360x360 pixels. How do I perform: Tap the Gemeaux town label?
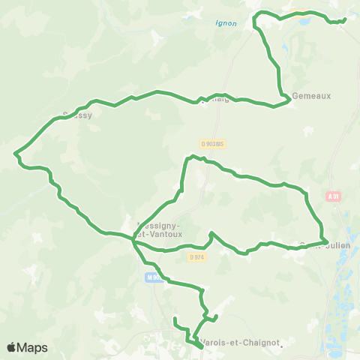coord(310,96)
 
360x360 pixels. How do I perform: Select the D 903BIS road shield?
coord(214,143)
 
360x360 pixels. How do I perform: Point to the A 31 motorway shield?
coord(334,196)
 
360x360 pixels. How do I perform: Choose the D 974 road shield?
coord(197,256)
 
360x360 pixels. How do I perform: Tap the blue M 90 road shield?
coord(153,277)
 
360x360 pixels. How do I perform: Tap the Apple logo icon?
coord(12,347)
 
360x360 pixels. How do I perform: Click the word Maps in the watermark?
coord(33,348)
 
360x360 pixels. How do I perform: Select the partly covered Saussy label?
coord(76,116)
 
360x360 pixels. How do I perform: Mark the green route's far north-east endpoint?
coord(344,19)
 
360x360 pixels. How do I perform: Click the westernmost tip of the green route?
coord(15,154)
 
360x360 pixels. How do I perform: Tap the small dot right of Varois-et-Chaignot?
coord(280,346)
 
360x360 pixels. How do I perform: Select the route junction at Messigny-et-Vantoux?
coord(133,239)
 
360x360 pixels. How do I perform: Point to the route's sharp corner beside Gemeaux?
coord(289,98)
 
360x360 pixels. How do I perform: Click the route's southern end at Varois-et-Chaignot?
coord(202,347)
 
